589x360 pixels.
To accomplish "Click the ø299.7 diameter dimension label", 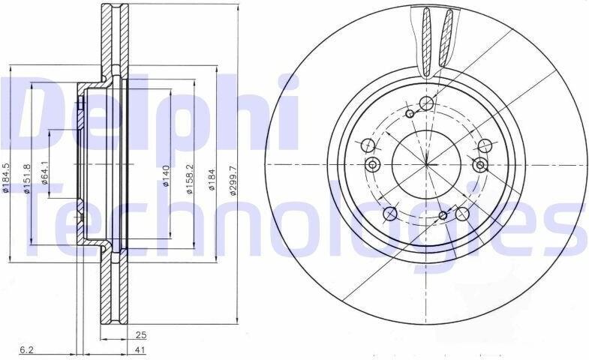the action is (233, 181).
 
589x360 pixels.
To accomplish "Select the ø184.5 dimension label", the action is (5, 178).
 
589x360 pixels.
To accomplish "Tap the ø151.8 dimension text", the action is (27, 178).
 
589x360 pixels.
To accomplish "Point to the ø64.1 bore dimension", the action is (45, 172).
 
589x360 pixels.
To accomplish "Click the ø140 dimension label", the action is (166, 176).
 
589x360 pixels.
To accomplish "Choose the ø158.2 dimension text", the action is (190, 178).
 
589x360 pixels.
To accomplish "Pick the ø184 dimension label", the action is (212, 180).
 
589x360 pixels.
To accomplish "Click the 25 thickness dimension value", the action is (141, 335).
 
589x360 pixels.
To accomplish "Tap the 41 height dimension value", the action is (140, 350).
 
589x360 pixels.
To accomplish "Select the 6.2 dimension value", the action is (27, 350).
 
